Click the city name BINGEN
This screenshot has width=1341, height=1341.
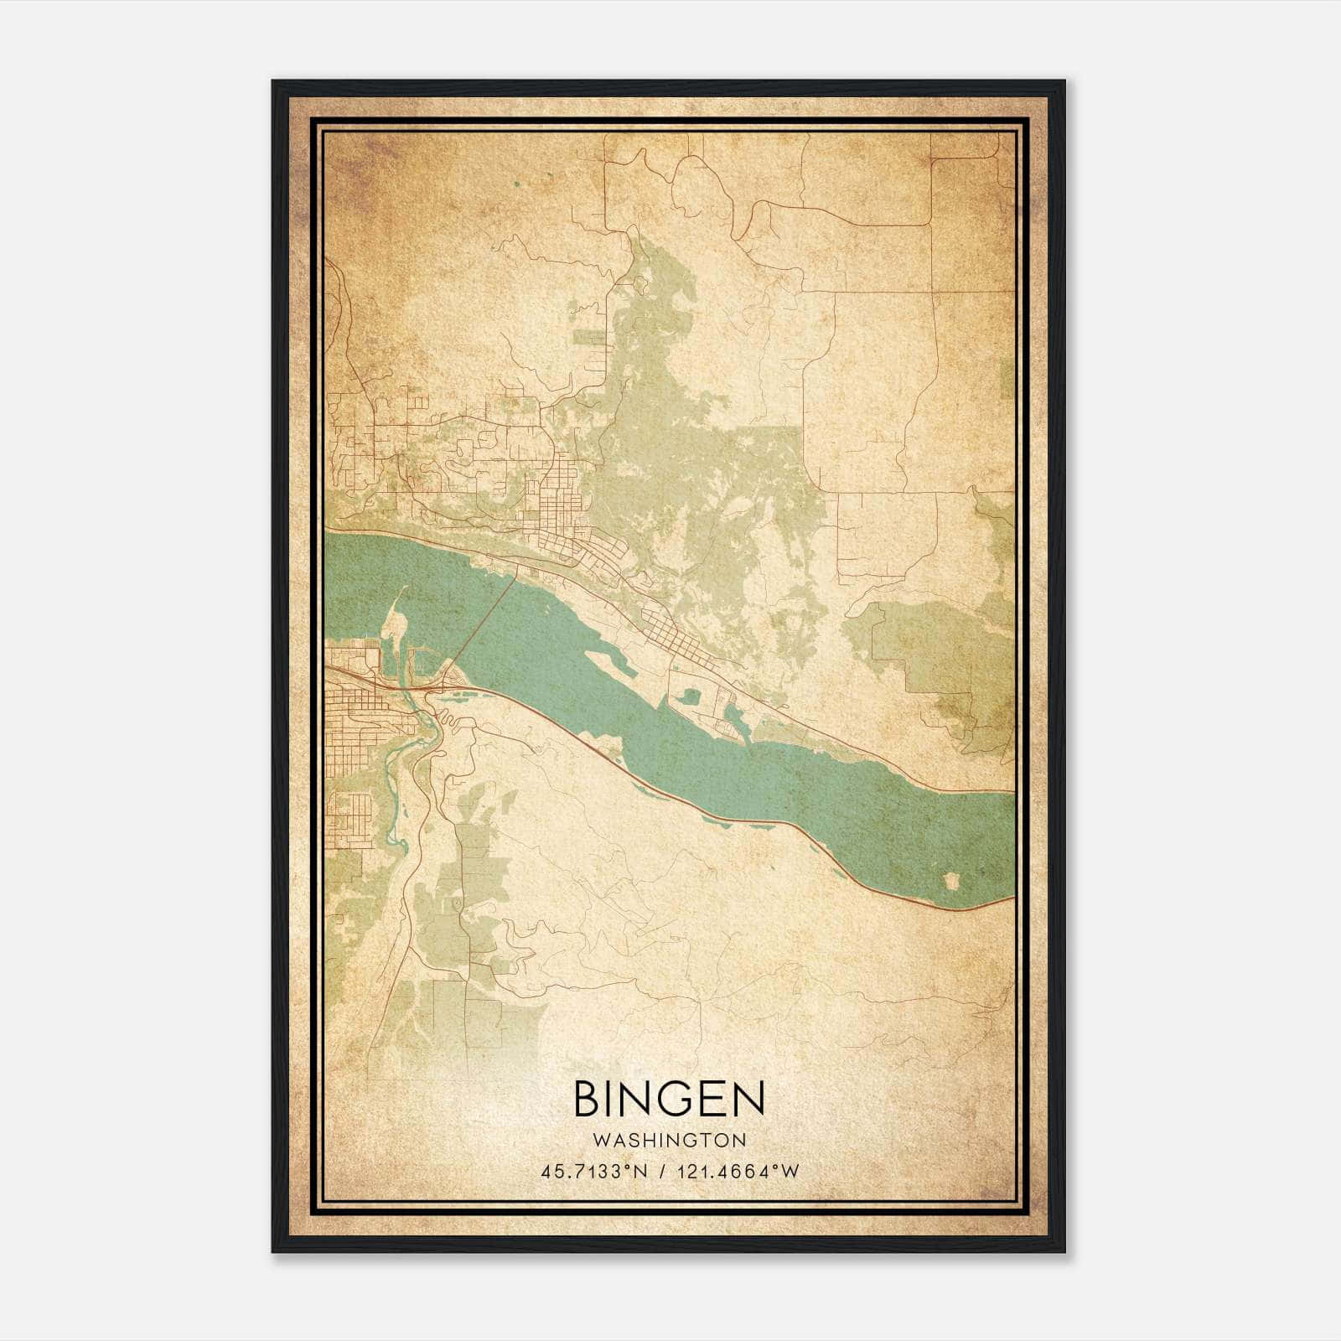(x=669, y=1099)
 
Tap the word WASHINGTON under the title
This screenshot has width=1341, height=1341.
(x=669, y=1140)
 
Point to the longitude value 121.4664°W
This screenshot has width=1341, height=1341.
(x=734, y=1171)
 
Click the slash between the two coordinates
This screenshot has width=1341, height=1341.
(x=663, y=1171)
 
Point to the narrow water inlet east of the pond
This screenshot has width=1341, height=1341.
(x=729, y=717)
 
